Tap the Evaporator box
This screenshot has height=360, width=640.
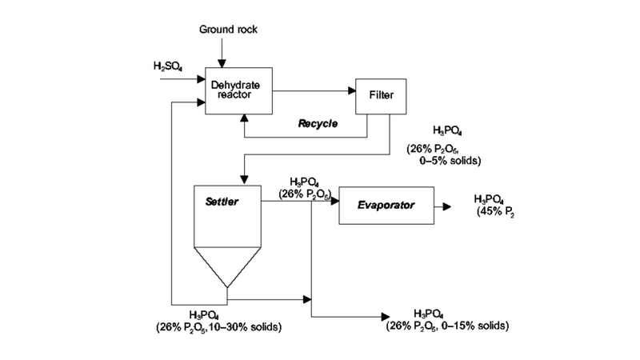[386, 206]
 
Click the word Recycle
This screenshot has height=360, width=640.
[318, 125]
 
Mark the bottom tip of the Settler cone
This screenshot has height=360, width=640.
[227, 286]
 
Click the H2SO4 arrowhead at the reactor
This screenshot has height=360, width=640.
[201, 78]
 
